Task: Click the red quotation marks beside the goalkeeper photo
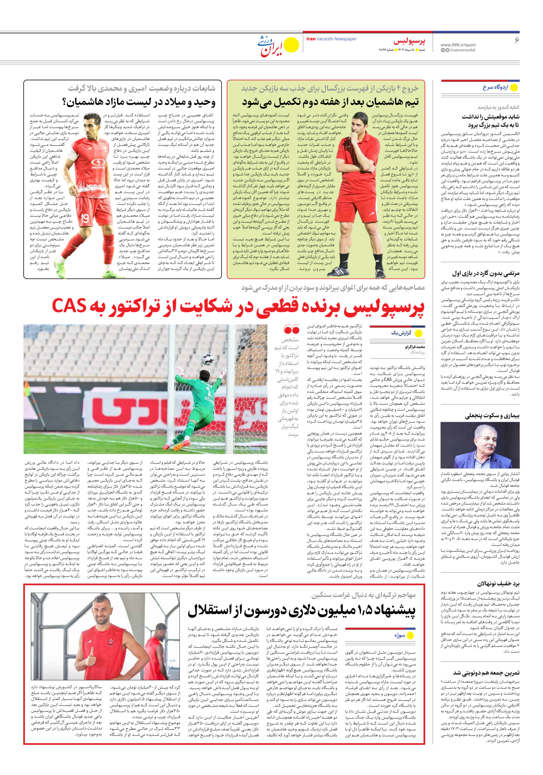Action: (291, 330)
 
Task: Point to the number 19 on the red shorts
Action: (85, 218)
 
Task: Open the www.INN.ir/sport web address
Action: (458, 45)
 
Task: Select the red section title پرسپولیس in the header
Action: (409, 42)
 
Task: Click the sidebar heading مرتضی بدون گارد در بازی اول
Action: (486, 273)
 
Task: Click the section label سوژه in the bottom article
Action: (400, 635)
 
